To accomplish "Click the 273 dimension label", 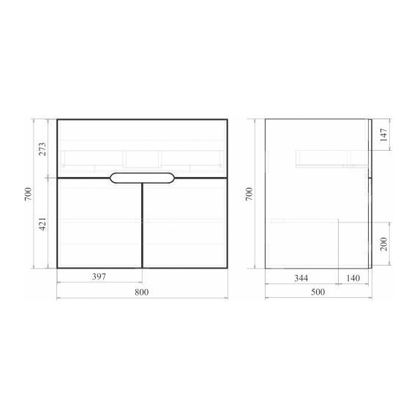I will click(42, 149).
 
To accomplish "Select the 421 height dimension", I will click(42, 223).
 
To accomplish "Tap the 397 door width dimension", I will click(99, 277).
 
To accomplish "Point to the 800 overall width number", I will click(142, 292).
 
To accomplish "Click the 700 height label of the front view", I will click(28, 194).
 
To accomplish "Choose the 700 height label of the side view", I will click(249, 194).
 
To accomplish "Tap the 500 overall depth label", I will click(318, 292).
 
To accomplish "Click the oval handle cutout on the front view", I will click(142, 177).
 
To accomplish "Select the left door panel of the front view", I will click(99, 222).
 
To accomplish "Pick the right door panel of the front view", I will click(184, 222).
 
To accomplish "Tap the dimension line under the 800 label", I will click(142, 298).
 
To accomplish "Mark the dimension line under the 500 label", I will click(318, 298).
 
